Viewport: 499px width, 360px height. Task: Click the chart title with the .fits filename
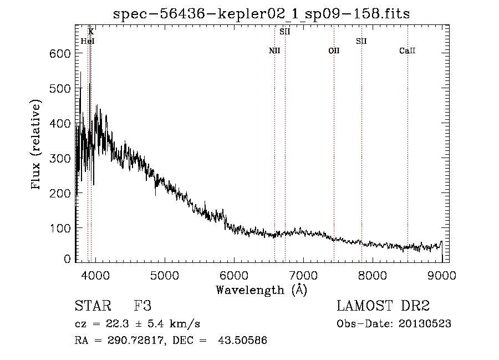tap(261, 14)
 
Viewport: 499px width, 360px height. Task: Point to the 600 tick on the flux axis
tap(60, 53)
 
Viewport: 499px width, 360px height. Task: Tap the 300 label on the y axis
tap(60, 158)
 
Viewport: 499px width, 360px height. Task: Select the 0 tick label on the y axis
tap(67, 259)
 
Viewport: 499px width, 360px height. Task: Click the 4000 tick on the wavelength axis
tap(95, 275)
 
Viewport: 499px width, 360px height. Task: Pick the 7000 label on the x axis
tap(303, 275)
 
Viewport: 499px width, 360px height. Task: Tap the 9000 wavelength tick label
tap(442, 275)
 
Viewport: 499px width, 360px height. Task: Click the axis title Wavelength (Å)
tap(262, 290)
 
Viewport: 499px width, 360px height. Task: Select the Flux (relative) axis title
tap(35, 144)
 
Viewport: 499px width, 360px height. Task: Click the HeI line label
tap(88, 41)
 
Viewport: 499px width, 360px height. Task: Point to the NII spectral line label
tap(274, 50)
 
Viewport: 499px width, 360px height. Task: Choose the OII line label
tap(334, 50)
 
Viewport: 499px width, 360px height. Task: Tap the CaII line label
tap(408, 50)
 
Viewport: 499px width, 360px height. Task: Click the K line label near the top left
tap(91, 32)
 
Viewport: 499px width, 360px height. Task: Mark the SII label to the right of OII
tap(361, 41)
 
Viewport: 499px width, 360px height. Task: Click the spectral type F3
tap(142, 306)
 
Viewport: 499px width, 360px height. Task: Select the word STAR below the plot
tap(93, 306)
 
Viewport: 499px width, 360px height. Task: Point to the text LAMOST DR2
tap(383, 306)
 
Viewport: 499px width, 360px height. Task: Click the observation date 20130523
tap(425, 324)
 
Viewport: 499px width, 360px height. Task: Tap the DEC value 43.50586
tap(242, 340)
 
